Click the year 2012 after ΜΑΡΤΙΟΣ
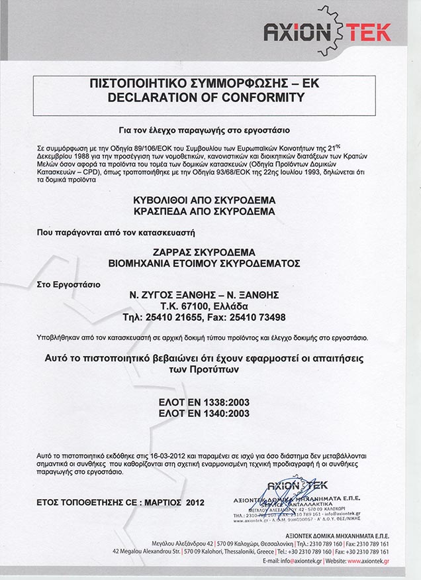pos(192,504)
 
